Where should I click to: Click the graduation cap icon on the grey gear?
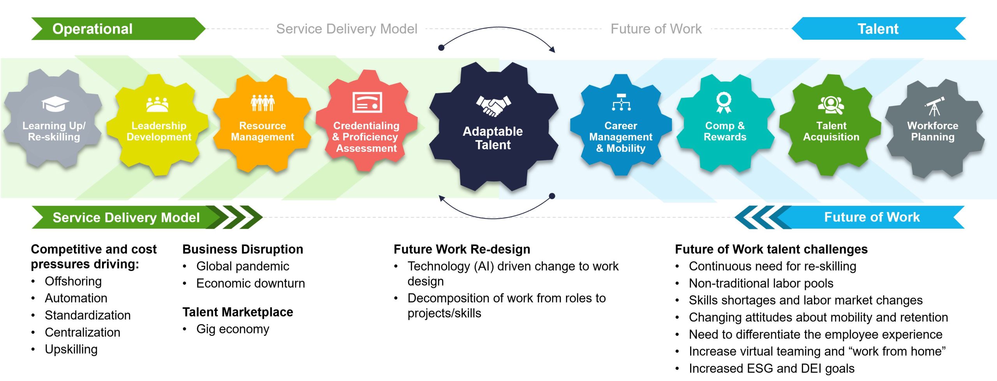pyautogui.click(x=55, y=104)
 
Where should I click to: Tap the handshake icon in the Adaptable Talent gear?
pyautogui.click(x=493, y=106)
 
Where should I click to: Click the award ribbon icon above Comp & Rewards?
pyautogui.click(x=724, y=102)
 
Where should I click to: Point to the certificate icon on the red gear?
pyautogui.click(x=367, y=102)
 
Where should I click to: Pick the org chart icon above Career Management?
pyautogui.click(x=621, y=102)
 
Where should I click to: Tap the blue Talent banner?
pyautogui.click(x=879, y=29)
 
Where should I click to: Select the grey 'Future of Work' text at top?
pyautogui.click(x=656, y=29)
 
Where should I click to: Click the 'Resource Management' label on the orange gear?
pyautogui.click(x=262, y=131)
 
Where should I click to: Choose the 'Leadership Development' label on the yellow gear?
pyautogui.click(x=159, y=131)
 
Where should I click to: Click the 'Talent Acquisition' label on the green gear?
pyautogui.click(x=831, y=131)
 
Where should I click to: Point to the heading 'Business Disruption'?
pyautogui.click(x=243, y=249)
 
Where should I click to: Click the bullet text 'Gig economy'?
pyautogui.click(x=233, y=329)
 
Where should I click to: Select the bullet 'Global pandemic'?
pyautogui.click(x=243, y=266)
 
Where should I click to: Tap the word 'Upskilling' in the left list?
pyautogui.click(x=71, y=349)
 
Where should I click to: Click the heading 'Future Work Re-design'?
pyautogui.click(x=462, y=249)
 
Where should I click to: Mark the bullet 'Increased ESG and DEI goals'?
pyautogui.click(x=772, y=368)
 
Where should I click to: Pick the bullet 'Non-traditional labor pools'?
pyautogui.click(x=761, y=283)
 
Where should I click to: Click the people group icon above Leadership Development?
pyautogui.click(x=157, y=104)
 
